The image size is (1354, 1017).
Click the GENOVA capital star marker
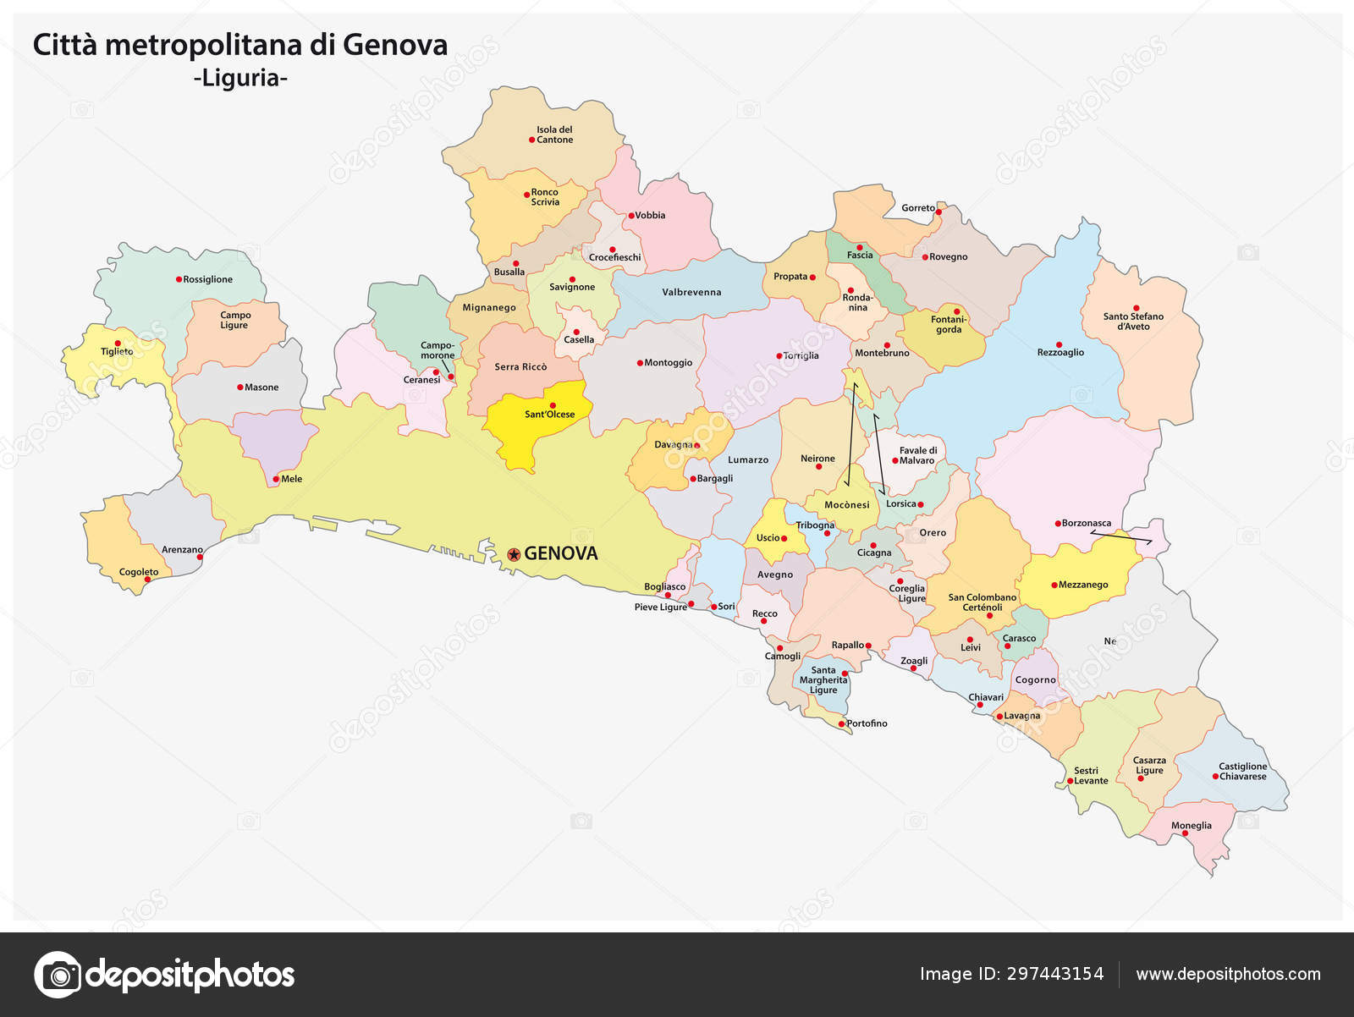[x=514, y=554]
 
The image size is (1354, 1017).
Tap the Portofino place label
[x=867, y=723]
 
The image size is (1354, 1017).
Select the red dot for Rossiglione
[x=179, y=279]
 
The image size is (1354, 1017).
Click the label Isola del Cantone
[x=554, y=135]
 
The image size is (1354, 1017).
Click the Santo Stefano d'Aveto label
[x=1133, y=322]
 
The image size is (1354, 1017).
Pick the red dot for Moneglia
[x=1185, y=833]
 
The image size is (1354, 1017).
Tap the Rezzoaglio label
[x=1060, y=353]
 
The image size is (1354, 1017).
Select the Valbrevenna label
[x=691, y=293]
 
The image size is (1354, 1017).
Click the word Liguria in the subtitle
[x=240, y=79]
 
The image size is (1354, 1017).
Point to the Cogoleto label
[x=139, y=573]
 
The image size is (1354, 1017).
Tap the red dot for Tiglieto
[x=118, y=344]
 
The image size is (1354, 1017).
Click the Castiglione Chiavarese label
[x=1242, y=772]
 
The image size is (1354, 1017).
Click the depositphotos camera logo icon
[x=58, y=975]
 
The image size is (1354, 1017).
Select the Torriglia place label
[x=801, y=356]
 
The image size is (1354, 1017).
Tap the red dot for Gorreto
[x=938, y=212]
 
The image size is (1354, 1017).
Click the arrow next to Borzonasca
[x=1120, y=536]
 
